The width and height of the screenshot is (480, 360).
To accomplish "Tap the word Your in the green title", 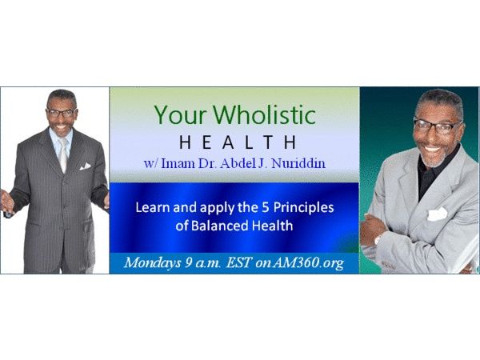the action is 181,115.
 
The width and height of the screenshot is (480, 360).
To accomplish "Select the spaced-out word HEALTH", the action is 238,142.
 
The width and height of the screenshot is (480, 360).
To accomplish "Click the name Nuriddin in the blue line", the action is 298,163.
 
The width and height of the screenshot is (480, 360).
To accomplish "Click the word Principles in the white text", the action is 303,208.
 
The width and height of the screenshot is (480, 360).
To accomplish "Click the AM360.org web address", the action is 307,263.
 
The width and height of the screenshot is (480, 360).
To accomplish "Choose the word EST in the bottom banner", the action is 238,262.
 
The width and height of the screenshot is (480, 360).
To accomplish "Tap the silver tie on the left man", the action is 63,154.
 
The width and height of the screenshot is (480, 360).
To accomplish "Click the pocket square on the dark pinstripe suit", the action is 85,166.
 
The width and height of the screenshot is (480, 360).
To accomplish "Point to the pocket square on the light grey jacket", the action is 437,214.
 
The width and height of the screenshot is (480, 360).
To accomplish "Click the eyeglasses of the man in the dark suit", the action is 61,113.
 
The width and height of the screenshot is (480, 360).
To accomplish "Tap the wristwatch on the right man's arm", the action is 377,239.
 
